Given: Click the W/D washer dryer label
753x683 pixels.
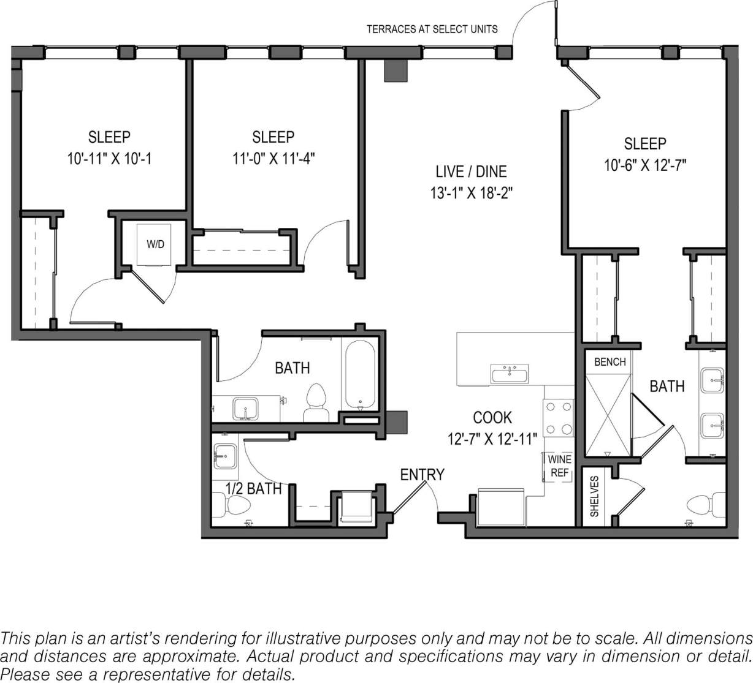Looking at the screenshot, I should coord(155,244).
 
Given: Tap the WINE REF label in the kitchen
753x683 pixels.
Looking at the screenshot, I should coord(559,466).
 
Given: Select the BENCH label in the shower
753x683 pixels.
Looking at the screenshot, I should coord(610,362).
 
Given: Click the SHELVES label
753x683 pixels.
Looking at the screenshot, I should coord(594,496).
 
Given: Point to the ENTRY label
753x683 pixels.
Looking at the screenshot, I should coord(422,475).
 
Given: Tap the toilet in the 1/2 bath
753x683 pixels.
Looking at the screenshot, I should coord(235,506).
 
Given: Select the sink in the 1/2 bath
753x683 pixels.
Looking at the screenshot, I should coord(225,456).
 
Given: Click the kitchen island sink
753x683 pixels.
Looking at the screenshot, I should coord(509,372).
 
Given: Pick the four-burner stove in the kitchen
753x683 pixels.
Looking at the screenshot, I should coord(558,417).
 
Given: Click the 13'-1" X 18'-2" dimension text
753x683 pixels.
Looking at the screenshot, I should coord(471,194).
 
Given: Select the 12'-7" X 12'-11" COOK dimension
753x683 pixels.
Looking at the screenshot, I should coord(492,439).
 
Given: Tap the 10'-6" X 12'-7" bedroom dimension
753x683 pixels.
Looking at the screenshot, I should coord(644,165).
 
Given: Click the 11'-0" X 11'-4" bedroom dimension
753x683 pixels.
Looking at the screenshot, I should coord(273,158).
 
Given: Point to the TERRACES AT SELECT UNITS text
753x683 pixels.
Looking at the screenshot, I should coord(432,29).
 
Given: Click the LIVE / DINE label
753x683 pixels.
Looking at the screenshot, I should coord(471,172).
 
